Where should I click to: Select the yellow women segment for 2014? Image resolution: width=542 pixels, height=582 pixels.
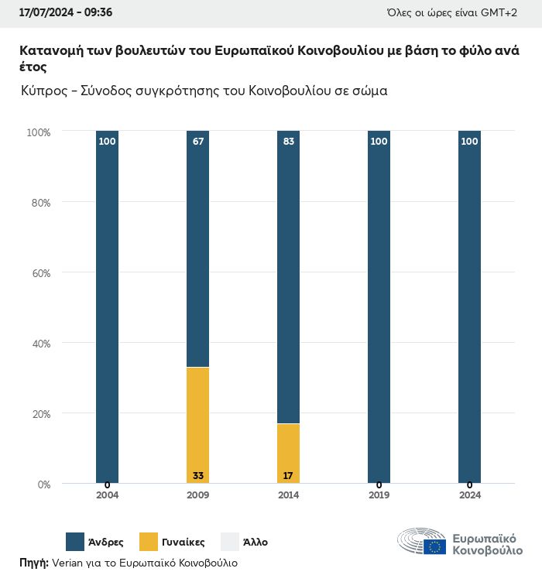coord(288,453)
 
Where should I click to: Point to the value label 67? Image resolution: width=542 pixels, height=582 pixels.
coord(197,142)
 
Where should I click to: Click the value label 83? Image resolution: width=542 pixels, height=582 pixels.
coord(288,142)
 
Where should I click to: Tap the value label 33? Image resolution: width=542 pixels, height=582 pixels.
coord(197,475)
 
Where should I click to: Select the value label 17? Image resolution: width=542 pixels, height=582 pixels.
coord(288,475)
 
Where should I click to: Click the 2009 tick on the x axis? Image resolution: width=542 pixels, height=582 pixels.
coord(197,495)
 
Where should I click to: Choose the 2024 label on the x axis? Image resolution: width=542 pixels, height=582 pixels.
coord(469,495)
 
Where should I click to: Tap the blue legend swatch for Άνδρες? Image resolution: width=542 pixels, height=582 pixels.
coord(75,542)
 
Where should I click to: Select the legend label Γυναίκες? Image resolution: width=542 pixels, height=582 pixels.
coord(184,542)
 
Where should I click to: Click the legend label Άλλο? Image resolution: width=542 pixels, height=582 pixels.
coord(255,542)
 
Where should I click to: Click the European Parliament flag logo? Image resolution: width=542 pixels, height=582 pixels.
coord(434,546)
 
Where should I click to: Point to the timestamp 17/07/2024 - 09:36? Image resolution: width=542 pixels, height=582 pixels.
coord(66,13)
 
